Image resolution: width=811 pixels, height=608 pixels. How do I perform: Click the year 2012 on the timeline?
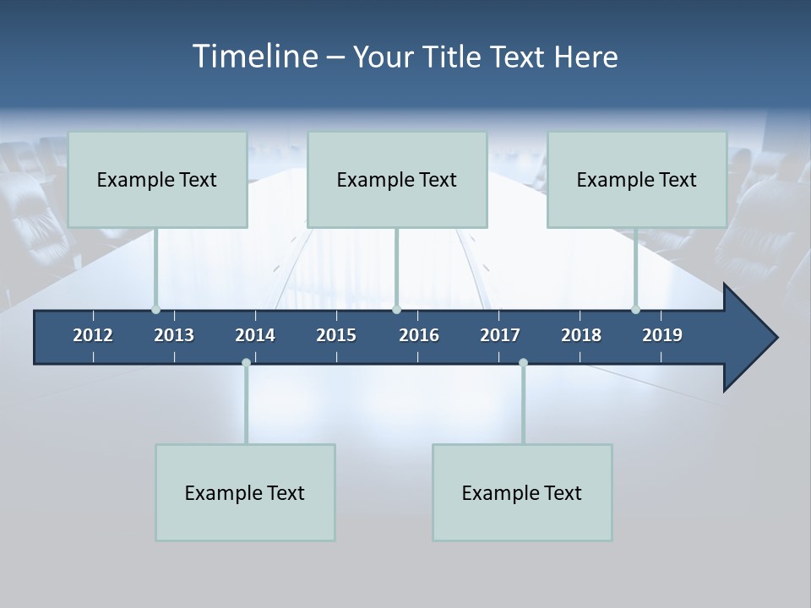click(x=93, y=335)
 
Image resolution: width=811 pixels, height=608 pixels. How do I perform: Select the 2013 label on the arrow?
click(x=174, y=335)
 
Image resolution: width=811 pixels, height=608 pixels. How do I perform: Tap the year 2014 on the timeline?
click(x=255, y=335)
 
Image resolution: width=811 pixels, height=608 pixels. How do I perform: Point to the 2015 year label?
click(x=336, y=335)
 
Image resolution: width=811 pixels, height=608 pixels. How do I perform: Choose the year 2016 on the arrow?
click(x=419, y=335)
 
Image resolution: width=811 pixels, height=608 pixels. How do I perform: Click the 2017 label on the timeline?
click(x=500, y=335)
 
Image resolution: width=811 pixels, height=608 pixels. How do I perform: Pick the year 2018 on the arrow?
click(x=581, y=335)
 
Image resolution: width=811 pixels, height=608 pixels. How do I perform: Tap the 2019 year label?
click(x=662, y=335)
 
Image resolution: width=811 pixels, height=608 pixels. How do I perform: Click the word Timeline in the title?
click(x=255, y=56)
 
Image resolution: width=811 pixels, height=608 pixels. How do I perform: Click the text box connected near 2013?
click(x=157, y=179)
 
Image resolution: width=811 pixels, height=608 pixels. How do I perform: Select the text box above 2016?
click(x=397, y=179)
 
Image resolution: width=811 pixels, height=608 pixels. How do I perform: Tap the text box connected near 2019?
click(x=637, y=179)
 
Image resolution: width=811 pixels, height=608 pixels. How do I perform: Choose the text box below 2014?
click(x=245, y=492)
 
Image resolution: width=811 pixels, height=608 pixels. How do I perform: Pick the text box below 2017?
click(x=522, y=492)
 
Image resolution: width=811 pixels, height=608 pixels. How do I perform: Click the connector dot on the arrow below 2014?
click(x=246, y=362)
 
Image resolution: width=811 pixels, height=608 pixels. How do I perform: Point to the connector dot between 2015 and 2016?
click(x=396, y=310)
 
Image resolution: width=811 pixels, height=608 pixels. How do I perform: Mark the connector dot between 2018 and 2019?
click(x=636, y=310)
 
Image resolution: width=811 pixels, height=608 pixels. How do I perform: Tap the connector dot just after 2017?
click(x=523, y=362)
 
